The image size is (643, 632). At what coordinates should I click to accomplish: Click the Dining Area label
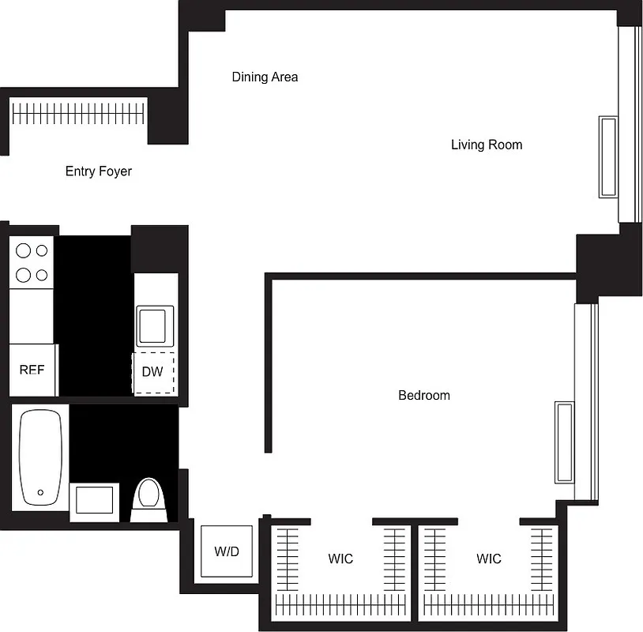pyautogui.click(x=265, y=77)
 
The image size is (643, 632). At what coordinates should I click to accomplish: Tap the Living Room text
pyautogui.click(x=486, y=145)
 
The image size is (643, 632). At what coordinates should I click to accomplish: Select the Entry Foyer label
pyautogui.click(x=98, y=171)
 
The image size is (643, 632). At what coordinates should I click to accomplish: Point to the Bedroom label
pyautogui.click(x=423, y=395)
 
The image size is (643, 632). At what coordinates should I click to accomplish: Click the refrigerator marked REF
pyautogui.click(x=32, y=370)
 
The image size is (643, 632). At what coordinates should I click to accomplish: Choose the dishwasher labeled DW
pyautogui.click(x=152, y=371)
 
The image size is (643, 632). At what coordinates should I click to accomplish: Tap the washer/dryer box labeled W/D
pyautogui.click(x=227, y=551)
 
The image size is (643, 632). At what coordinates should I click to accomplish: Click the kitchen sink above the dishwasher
pyautogui.click(x=152, y=325)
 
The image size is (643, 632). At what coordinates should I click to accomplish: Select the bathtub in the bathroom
pyautogui.click(x=40, y=457)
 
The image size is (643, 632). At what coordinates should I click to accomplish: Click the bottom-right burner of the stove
pyautogui.click(x=41, y=275)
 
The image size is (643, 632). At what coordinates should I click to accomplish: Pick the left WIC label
pyautogui.click(x=340, y=559)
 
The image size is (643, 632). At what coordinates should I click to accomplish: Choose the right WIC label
pyautogui.click(x=488, y=559)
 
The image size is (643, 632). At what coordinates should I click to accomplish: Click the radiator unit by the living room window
pyautogui.click(x=607, y=157)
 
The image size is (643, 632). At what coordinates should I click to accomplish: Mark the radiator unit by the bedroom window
pyautogui.click(x=564, y=442)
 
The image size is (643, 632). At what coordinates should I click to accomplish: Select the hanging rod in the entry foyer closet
pyautogui.click(x=79, y=112)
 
